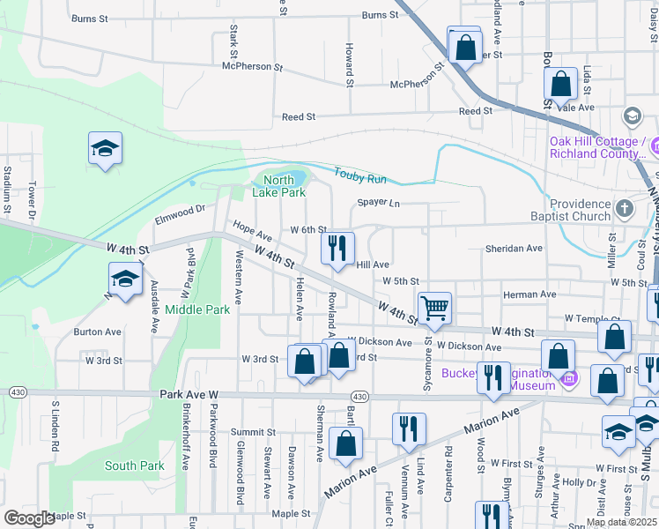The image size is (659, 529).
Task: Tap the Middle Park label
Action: pyautogui.click(x=197, y=309)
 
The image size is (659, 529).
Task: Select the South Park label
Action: pyautogui.click(x=134, y=466)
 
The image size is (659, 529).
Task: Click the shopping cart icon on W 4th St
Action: pyautogui.click(x=434, y=309)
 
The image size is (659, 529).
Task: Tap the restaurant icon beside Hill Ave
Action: pyautogui.click(x=337, y=248)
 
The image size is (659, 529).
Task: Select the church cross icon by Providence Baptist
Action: pyautogui.click(x=625, y=209)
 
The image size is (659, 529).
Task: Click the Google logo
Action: pyautogui.click(x=29, y=518)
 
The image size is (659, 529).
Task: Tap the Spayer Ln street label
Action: pyautogui.click(x=378, y=204)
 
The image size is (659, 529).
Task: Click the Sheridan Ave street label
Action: pyautogui.click(x=514, y=249)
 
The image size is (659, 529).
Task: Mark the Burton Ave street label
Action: pyautogui.click(x=97, y=332)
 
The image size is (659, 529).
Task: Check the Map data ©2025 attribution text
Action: pyautogui.click(x=621, y=522)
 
